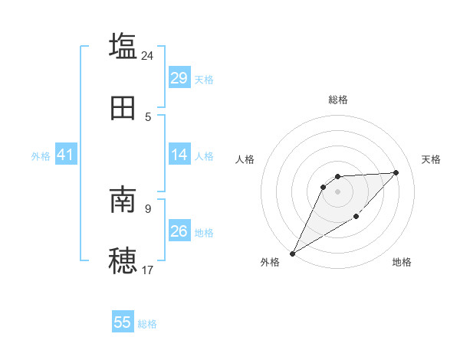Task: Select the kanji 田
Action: coord(123,109)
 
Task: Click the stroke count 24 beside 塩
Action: coord(147,55)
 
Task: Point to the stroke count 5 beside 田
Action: coord(148,117)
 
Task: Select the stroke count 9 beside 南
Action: coord(148,208)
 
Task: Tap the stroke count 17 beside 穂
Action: coord(147,270)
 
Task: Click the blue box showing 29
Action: coord(179,78)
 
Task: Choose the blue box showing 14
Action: coord(179,155)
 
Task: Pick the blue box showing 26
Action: coord(179,231)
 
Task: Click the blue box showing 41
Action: coord(65,155)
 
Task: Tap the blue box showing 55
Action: coord(123,322)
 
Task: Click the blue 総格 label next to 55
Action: coord(147,324)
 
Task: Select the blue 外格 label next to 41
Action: coord(41,156)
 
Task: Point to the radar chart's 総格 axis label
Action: coord(338,100)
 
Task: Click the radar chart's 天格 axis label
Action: coord(431,159)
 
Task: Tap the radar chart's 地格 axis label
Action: coord(402,262)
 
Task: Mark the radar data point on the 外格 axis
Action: coord(292,254)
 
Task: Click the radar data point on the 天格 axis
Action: coord(396,172)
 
